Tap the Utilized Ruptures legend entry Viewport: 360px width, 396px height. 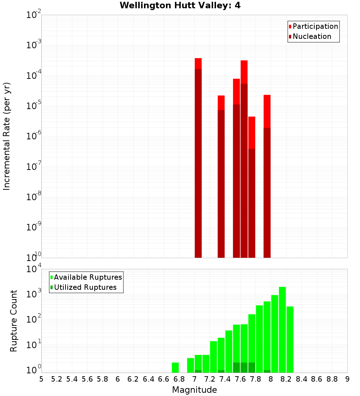click(85, 287)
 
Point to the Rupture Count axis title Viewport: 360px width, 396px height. click(14, 320)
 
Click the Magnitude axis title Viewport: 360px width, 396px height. click(194, 390)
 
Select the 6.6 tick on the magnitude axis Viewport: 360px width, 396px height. click(164, 379)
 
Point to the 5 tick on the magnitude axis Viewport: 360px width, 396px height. click(41, 379)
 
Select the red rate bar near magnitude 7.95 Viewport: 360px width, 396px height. click(267, 176)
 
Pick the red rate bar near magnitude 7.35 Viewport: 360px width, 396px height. click(221, 176)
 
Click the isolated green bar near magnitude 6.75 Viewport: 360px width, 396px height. click(175, 368)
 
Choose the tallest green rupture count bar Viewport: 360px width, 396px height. click(282, 329)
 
